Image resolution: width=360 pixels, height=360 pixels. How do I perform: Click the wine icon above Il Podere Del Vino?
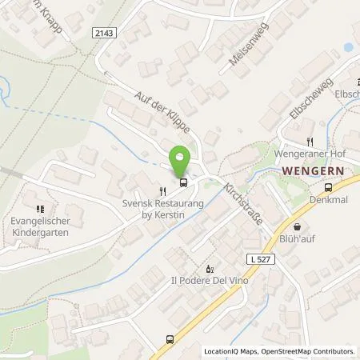210,268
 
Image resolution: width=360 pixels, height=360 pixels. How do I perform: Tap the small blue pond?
350,47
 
